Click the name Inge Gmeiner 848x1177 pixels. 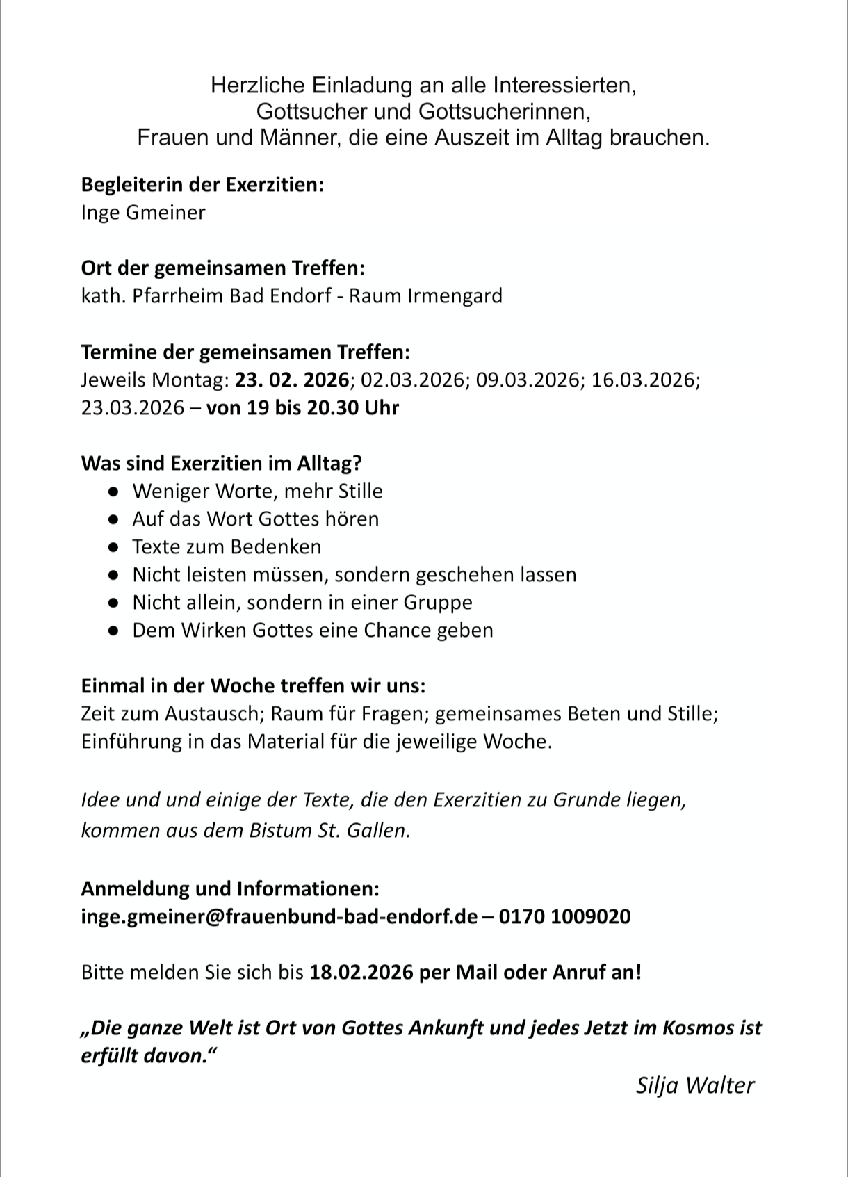tap(143, 213)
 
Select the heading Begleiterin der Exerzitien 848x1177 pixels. tap(202, 185)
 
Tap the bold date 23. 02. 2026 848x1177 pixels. tap(291, 380)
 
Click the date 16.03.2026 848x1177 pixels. tap(644, 380)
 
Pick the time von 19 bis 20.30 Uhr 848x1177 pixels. tap(302, 407)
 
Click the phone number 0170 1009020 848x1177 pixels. tap(564, 916)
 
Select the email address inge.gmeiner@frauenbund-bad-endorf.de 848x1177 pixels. tap(279, 916)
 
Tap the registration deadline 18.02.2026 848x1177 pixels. tap(362, 972)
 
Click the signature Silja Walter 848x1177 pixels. tap(694, 1085)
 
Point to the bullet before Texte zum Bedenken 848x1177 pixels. tap(113, 547)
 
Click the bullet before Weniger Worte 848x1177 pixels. tap(113, 492)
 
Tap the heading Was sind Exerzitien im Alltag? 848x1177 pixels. tap(222, 463)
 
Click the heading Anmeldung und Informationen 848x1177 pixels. tap(230, 888)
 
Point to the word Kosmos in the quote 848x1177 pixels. tap(698, 1028)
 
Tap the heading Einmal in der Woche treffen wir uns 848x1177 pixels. tap(253, 685)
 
